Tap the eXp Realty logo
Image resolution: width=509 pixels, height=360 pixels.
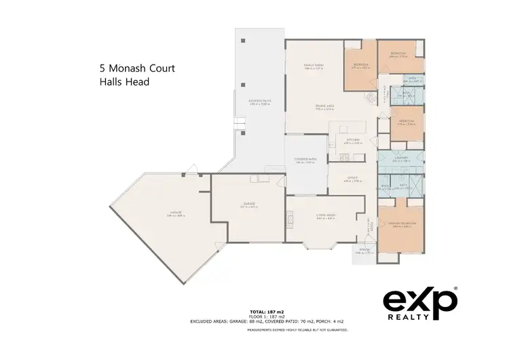tap(421, 305)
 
